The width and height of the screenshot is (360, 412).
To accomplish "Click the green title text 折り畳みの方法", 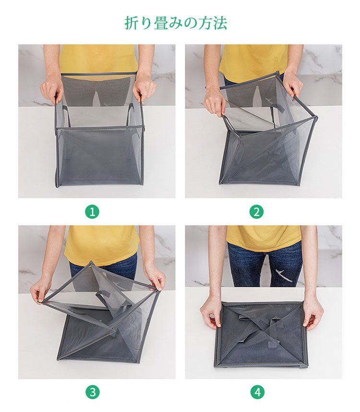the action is (176, 23).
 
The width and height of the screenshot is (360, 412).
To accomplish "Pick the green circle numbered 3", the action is (92, 392).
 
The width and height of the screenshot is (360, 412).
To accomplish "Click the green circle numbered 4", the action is (257, 392).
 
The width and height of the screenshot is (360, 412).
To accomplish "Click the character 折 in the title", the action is (131, 23).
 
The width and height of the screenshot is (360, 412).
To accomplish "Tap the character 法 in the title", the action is (220, 23).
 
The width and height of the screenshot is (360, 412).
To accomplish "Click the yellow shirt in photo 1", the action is (98, 59).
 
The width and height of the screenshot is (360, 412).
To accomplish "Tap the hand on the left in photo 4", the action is (211, 314).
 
